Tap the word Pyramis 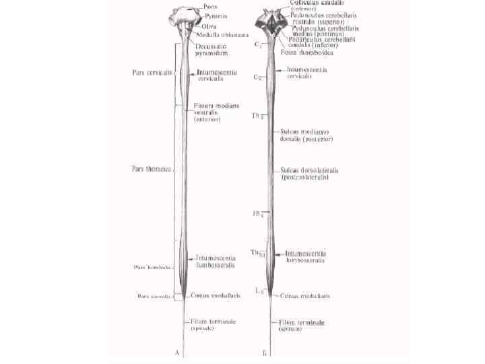pyautogui.click(x=215, y=16)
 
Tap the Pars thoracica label pyautogui.click(x=151, y=169)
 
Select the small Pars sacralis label pyautogui.click(x=154, y=295)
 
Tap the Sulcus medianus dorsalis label pyautogui.click(x=308, y=135)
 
